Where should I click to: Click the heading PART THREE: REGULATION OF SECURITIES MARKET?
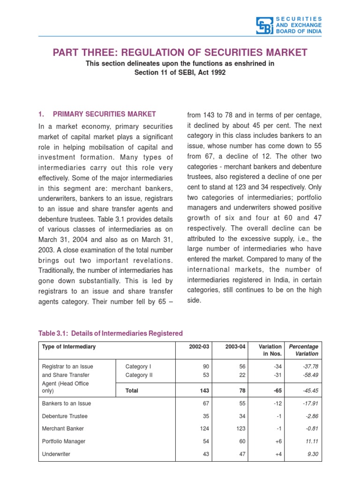click(180, 52)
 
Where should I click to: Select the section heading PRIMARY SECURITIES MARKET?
click(104, 114)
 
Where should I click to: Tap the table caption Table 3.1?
click(110, 333)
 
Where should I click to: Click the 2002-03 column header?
click(199, 347)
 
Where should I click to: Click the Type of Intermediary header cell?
click(69, 347)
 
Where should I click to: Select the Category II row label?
click(139, 375)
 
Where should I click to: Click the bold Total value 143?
click(202, 390)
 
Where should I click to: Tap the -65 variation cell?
click(275, 390)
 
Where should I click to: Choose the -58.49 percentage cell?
click(310, 375)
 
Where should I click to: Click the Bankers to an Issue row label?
click(67, 404)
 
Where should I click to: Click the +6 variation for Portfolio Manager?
click(277, 442)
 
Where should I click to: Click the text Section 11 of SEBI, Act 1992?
click(176, 73)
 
